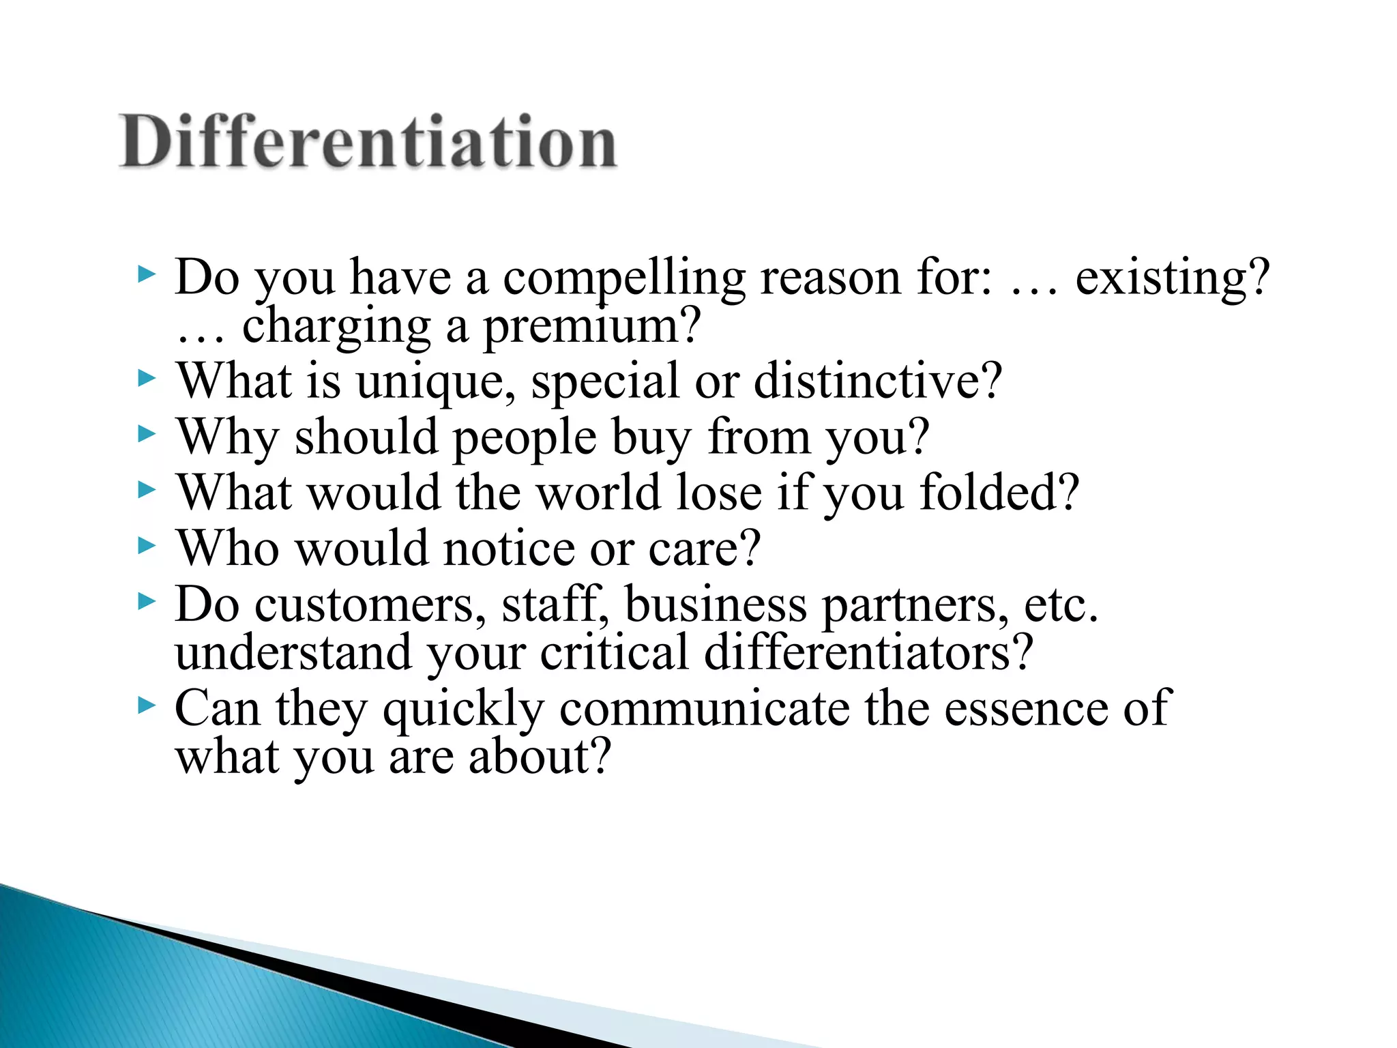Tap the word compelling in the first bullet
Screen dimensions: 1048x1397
click(623, 278)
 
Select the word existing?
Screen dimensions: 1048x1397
click(1172, 278)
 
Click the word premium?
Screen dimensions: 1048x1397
click(592, 327)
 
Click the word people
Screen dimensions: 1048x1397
click(525, 438)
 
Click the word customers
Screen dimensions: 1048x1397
click(370, 606)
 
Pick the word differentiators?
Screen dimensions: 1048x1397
click(868, 653)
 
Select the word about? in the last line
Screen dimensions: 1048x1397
click(539, 757)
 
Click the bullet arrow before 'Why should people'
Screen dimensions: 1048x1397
click(146, 434)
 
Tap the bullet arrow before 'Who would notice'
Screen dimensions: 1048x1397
click(146, 546)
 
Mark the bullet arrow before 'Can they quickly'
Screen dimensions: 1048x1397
click(146, 706)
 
